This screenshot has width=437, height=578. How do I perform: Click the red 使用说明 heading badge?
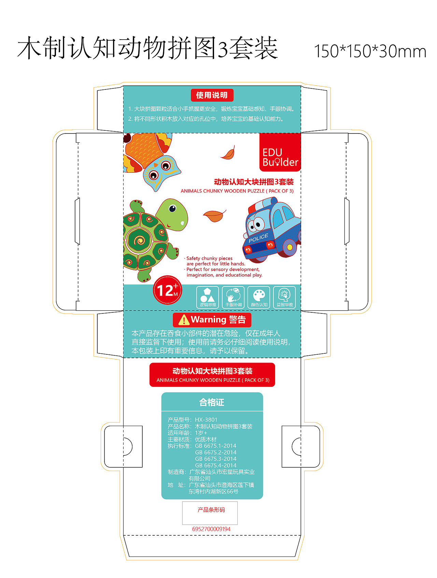(212, 95)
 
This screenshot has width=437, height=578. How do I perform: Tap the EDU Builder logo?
(280, 152)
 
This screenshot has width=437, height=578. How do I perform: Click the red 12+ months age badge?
(167, 290)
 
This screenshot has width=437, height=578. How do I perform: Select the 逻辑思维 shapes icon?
(208, 297)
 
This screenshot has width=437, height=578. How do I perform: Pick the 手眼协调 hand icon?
(234, 297)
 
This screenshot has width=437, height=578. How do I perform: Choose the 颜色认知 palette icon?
(259, 297)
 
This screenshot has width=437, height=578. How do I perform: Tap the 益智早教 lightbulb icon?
(284, 297)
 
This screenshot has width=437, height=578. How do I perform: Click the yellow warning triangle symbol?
(184, 320)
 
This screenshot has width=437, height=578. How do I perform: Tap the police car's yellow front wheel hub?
(290, 247)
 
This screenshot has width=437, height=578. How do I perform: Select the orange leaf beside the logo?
(228, 153)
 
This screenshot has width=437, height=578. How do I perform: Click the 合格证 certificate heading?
(212, 403)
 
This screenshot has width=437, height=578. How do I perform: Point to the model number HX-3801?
(206, 420)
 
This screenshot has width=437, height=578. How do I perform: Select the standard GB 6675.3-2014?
(216, 459)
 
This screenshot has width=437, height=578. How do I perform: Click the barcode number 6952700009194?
(211, 529)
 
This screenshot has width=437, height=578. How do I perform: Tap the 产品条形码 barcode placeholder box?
(210, 513)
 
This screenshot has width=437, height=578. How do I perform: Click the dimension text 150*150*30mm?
(370, 51)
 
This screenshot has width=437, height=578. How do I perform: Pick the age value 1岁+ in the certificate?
(201, 433)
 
